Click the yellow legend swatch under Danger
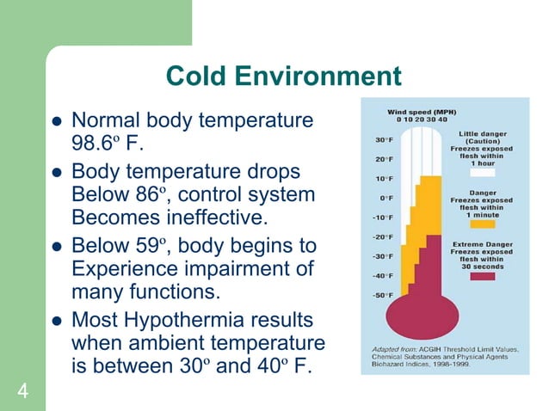click(484, 223)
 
